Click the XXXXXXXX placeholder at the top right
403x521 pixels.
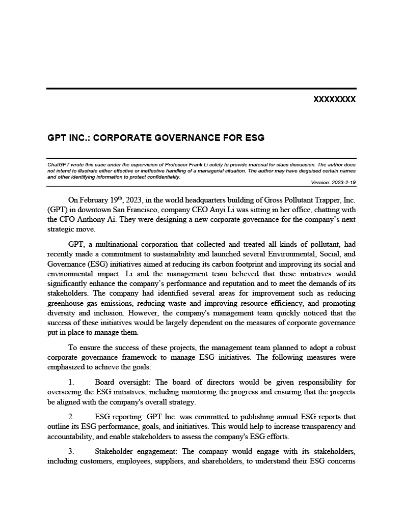point(334,100)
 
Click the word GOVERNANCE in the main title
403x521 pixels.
point(170,138)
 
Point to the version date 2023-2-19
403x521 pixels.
point(343,182)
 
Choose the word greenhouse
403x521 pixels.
point(65,303)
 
